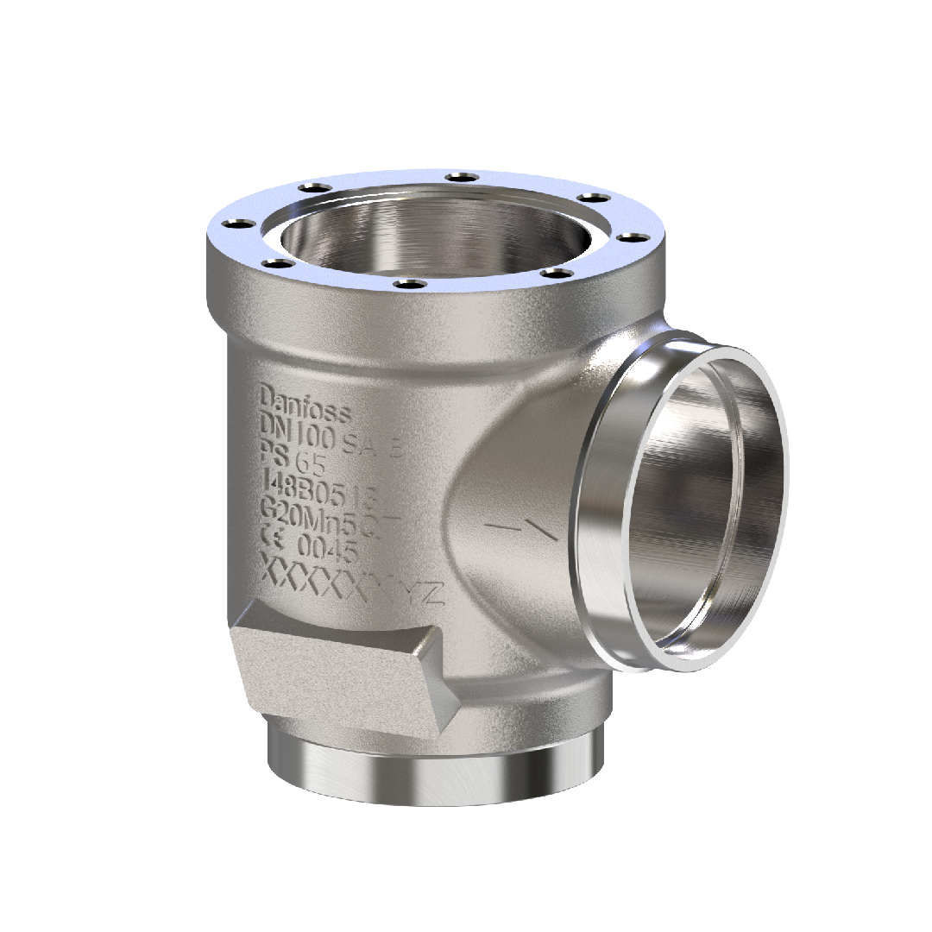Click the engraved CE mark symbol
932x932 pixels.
[x=274, y=541]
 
